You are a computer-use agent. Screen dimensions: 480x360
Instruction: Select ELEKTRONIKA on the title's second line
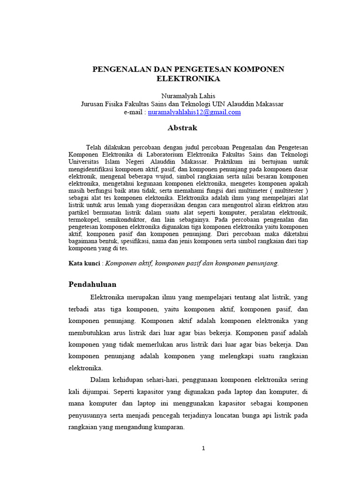[x=182, y=79]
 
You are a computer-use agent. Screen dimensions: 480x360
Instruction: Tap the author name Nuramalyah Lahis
[x=182, y=96]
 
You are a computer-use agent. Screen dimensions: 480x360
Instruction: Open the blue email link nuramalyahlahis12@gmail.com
[x=194, y=112]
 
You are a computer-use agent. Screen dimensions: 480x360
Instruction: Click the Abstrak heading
[x=182, y=128]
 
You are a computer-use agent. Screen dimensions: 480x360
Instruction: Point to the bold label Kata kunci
[x=84, y=263]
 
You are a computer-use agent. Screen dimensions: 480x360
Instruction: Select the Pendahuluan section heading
[x=92, y=285]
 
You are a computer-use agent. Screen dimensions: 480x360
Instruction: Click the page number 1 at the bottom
[x=203, y=448]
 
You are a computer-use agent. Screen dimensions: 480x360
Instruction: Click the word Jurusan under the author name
[x=92, y=104]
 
